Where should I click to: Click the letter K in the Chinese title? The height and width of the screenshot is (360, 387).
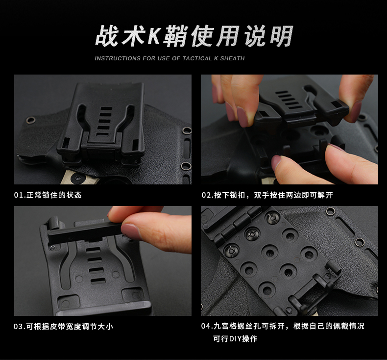click(153, 36)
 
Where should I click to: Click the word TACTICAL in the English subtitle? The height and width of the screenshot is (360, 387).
click(197, 58)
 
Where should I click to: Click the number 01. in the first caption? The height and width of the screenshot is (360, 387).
click(20, 195)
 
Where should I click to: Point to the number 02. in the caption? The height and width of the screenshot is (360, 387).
click(207, 195)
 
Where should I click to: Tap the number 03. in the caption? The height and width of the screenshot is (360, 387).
click(20, 327)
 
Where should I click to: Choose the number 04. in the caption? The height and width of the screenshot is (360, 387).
click(207, 326)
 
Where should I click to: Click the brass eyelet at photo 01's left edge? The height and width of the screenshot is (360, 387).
click(30, 120)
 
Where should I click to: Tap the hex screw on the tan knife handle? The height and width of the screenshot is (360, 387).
click(78, 179)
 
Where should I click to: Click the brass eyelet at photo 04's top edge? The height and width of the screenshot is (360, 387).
click(331, 211)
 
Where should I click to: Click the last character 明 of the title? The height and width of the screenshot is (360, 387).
click(281, 36)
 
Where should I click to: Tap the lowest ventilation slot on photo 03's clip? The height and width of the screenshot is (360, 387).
click(98, 281)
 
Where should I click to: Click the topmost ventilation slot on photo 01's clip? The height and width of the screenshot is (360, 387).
click(106, 109)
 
